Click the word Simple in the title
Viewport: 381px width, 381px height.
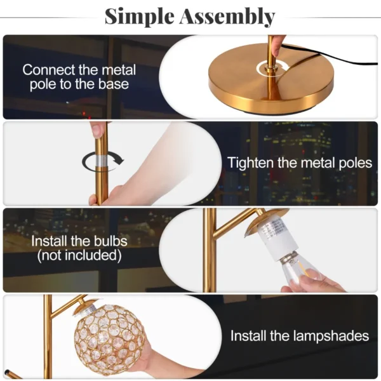[141, 16]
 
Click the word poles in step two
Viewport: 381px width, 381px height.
[354, 163]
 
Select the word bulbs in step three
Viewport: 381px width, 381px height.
[110, 241]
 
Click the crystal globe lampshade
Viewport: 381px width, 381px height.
[110, 338]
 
